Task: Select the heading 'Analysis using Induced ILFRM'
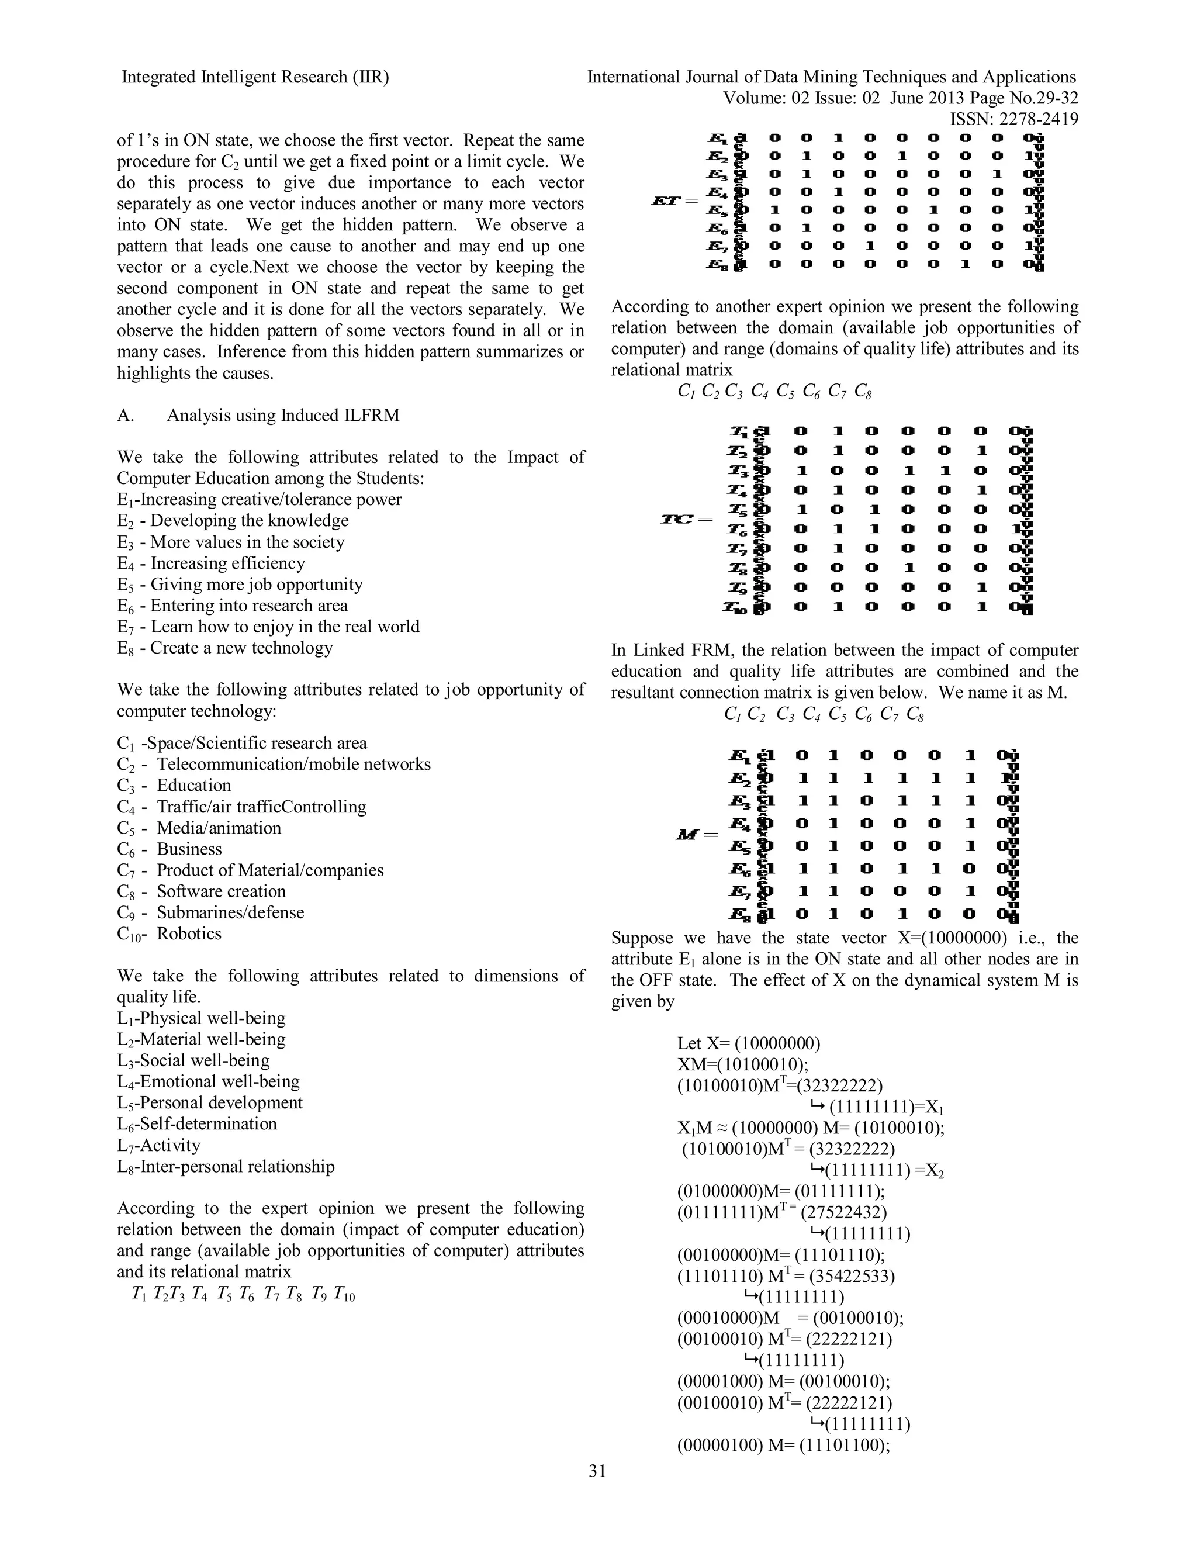282,415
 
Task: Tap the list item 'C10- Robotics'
169,933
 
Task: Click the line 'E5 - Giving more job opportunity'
240,585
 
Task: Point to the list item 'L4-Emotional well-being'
209,1081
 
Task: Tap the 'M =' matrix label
697,835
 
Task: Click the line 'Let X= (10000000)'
749,1043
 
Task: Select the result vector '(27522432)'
844,1213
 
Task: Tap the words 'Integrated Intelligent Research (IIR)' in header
255,77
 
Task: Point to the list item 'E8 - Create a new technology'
225,648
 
